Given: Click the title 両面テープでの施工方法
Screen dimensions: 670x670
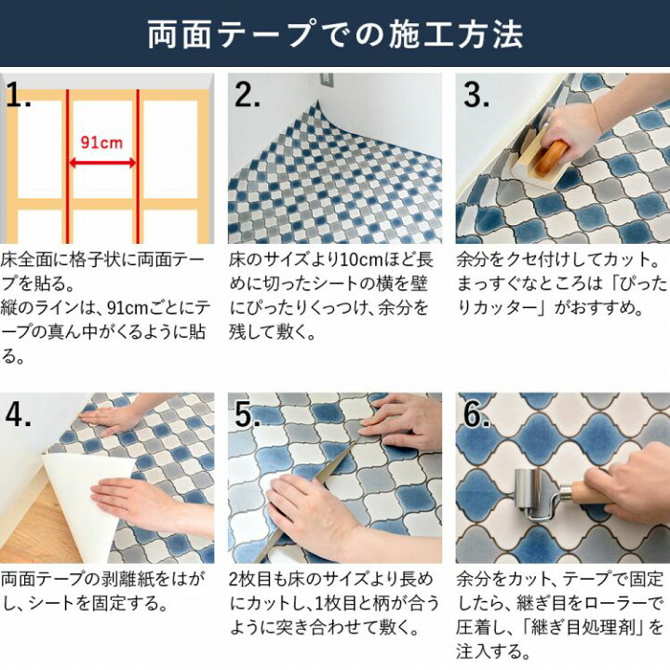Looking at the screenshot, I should [x=335, y=34].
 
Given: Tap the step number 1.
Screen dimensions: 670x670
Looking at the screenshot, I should [x=21, y=96].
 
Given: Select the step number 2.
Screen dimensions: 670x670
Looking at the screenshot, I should [x=248, y=96].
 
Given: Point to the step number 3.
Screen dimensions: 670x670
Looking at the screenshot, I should [x=476, y=96].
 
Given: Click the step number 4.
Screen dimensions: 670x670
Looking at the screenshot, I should [x=20, y=415].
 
